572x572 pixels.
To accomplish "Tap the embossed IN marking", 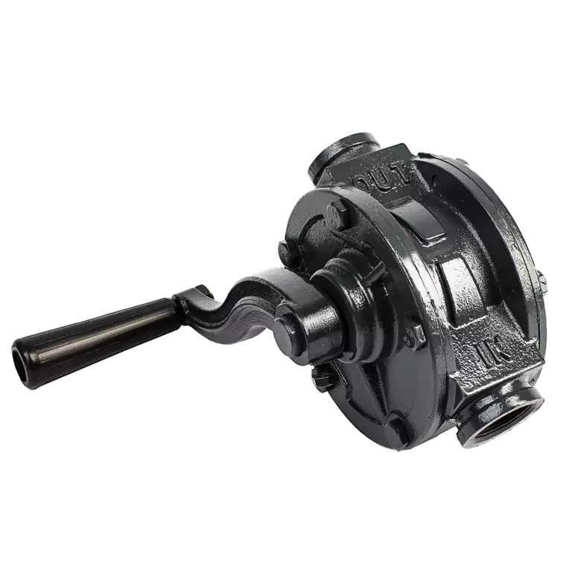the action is [493, 353].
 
